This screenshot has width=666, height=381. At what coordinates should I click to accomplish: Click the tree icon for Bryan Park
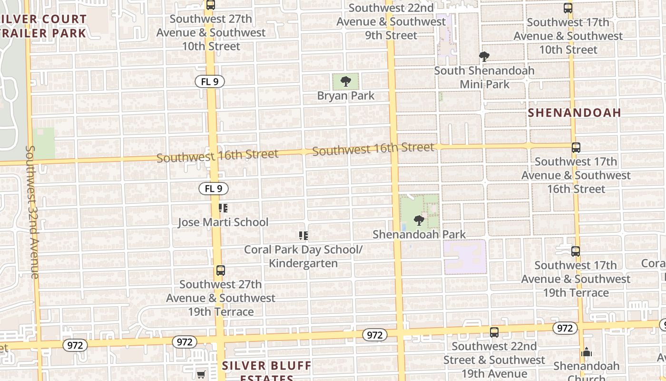[346, 81]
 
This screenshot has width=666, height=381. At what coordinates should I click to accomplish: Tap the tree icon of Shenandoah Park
[419, 220]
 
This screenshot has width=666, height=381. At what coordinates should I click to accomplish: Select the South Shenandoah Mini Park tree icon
[484, 57]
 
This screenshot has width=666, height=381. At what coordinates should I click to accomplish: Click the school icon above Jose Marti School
[223, 208]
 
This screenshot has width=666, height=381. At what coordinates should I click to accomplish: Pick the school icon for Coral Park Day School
[303, 236]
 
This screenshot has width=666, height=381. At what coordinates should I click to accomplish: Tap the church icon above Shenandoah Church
[587, 352]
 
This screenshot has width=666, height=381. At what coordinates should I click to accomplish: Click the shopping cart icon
[201, 375]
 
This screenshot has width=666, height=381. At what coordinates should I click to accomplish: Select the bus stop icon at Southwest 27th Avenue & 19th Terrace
[220, 271]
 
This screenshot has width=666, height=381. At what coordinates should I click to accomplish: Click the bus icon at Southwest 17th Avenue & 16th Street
[576, 148]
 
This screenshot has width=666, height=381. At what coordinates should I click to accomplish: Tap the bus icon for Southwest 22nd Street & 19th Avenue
[494, 332]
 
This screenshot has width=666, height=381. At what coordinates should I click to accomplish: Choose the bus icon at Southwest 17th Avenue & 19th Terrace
[576, 251]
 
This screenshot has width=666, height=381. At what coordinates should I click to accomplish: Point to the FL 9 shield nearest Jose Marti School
[213, 189]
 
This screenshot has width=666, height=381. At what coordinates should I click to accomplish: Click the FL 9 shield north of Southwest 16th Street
[209, 81]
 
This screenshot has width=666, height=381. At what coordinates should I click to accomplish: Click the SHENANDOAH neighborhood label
[575, 112]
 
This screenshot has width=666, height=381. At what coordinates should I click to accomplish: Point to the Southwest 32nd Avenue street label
[32, 212]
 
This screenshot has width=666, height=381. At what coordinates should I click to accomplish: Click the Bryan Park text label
[346, 96]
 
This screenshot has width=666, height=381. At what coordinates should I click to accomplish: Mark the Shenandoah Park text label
[419, 234]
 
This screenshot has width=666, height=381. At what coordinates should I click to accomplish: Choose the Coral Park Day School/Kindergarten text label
[304, 256]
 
